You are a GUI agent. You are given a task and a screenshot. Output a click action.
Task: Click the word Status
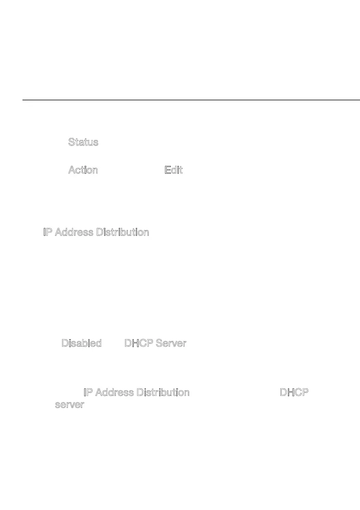pos(83,142)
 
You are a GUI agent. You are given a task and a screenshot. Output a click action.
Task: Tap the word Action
pos(83,170)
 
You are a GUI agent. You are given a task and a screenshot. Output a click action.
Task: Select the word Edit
pos(174,170)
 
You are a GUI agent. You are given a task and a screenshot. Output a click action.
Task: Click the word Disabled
pos(82,343)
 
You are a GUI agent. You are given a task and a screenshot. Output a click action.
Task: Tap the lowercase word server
pos(70,405)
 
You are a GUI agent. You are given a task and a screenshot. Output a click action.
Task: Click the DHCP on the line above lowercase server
pos(295,392)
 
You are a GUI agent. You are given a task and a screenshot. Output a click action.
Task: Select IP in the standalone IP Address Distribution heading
pos(47,232)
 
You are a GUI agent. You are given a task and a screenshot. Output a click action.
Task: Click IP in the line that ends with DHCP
pos(87,392)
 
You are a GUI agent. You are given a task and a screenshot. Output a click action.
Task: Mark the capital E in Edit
pos(167,170)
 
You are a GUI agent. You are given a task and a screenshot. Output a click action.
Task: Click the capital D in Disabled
pos(65,343)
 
